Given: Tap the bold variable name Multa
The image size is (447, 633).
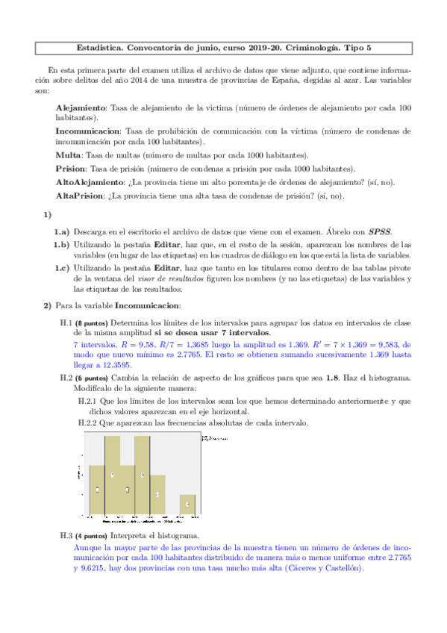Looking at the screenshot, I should pyautogui.click(x=69, y=155).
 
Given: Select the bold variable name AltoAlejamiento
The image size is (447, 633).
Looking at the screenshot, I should pyautogui.click(x=90, y=182).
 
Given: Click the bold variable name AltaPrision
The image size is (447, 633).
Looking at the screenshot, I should pyautogui.click(x=81, y=196).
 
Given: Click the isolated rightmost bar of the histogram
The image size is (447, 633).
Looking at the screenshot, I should pyautogui.click(x=187, y=505).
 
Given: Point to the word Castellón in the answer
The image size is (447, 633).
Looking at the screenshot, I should pyautogui.click(x=340, y=568).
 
